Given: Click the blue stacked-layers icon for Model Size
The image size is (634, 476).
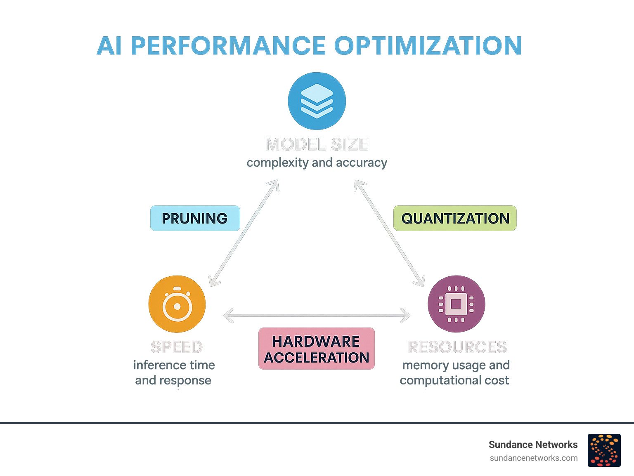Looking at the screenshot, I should pos(317,101).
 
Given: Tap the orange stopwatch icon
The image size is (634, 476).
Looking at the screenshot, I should pos(177,304).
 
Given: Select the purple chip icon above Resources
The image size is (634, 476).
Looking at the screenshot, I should pos(456,304).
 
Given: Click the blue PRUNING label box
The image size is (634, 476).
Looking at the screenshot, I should pos(195,218).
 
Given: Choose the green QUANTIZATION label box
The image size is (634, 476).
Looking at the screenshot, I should pos(455,218).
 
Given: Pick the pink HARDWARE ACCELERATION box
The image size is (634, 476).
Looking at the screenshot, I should pos(317,349).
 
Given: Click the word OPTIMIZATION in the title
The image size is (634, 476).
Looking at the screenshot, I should pos(428,45).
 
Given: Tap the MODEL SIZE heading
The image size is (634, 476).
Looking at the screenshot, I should pos(317,144).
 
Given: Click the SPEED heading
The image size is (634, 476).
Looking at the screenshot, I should pos(177,347).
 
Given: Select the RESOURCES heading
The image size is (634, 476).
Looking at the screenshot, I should pos(457,347).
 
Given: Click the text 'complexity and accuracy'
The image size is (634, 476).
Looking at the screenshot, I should pos(317,163).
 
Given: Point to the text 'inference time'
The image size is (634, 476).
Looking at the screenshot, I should pos(174,365).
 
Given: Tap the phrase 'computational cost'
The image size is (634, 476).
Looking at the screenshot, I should pos(454,380).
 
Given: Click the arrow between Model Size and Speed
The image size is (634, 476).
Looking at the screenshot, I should pos(244,233).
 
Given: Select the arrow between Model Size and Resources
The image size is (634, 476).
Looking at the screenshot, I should pos(389,233).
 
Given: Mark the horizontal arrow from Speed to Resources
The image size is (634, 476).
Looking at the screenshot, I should pos(317,316).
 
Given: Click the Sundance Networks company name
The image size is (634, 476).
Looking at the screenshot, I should pos(533,445).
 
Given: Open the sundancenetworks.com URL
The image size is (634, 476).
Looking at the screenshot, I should pos(533,458).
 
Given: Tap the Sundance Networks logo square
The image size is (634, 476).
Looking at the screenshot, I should pos(604,450).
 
